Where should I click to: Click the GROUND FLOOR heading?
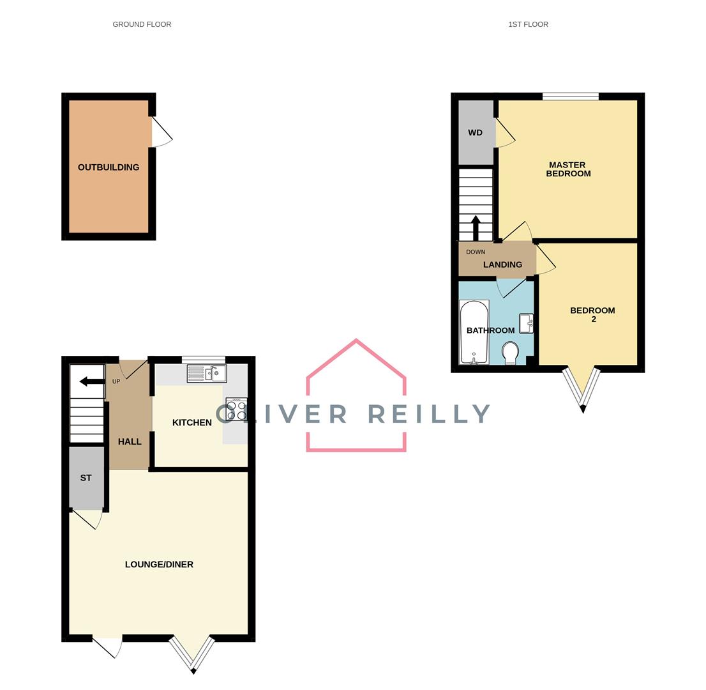coord(142,24)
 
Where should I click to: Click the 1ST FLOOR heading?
coord(528,24)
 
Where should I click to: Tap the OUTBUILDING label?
coord(109,167)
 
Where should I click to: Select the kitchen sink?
coord(207,373)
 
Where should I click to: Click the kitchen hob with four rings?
coord(236,410)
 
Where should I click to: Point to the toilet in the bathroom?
coord(511,353)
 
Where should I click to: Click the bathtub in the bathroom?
coord(474,332)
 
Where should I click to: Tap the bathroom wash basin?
coord(527,323)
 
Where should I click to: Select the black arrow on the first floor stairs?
coord(476,228)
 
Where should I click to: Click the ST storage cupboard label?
coord(86,478)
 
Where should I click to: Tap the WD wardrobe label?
coord(475,132)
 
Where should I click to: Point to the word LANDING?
coord(502,264)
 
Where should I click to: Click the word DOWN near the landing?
coord(476,252)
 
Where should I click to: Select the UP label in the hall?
coord(116,381)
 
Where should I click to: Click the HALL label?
coord(130,441)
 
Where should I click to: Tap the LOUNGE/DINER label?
coord(159,564)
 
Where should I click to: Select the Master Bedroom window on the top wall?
coord(571,96)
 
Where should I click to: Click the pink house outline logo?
coord(356,395)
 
